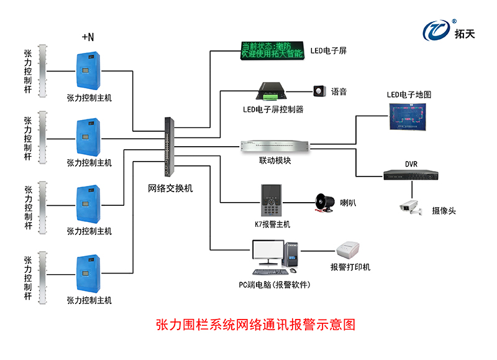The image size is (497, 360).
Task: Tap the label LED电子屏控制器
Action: click(273, 109)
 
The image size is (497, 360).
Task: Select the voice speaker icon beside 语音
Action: click(320, 91)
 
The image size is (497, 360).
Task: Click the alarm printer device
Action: click(350, 252)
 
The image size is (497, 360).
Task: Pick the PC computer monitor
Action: click(268, 254)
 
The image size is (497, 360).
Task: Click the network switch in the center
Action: click(170, 146)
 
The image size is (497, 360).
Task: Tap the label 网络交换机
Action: click(170, 188)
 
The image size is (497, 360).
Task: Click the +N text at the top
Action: click(88, 37)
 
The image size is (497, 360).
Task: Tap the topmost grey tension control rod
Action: click(42, 71)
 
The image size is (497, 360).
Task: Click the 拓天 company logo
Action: click(448, 30)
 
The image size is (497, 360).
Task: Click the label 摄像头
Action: click(444, 211)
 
